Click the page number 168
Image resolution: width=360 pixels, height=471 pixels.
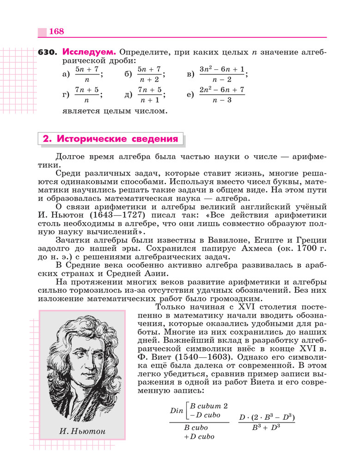coord(56,31)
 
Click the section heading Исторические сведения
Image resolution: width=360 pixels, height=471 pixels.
coord(110,139)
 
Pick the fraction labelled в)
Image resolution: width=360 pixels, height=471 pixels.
coord(222,74)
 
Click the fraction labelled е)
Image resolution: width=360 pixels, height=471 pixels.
coord(222,95)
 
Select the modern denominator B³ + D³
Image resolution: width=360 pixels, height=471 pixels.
coord(267,428)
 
